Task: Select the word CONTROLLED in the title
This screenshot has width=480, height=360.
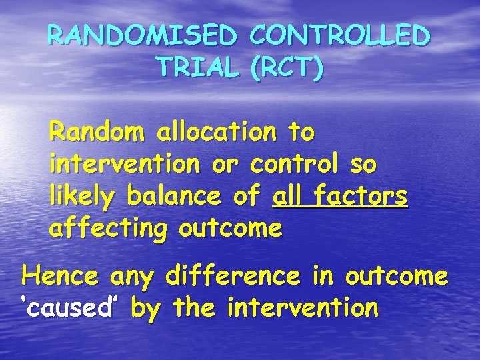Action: (338, 35)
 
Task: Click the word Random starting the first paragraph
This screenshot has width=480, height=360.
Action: (97, 133)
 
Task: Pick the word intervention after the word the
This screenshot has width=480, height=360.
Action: (303, 308)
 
